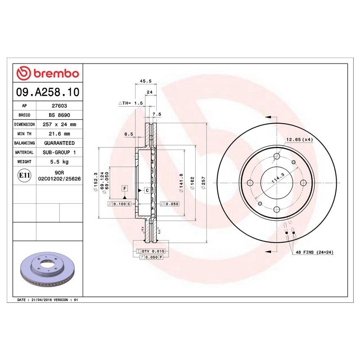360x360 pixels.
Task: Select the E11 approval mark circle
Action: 25,176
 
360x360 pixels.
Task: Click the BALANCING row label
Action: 24,143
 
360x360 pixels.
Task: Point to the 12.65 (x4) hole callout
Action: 299,139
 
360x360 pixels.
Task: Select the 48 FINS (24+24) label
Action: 314,252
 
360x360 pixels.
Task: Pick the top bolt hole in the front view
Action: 277,157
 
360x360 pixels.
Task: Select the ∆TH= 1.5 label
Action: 131,103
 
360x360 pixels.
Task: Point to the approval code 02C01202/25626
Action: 59,179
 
